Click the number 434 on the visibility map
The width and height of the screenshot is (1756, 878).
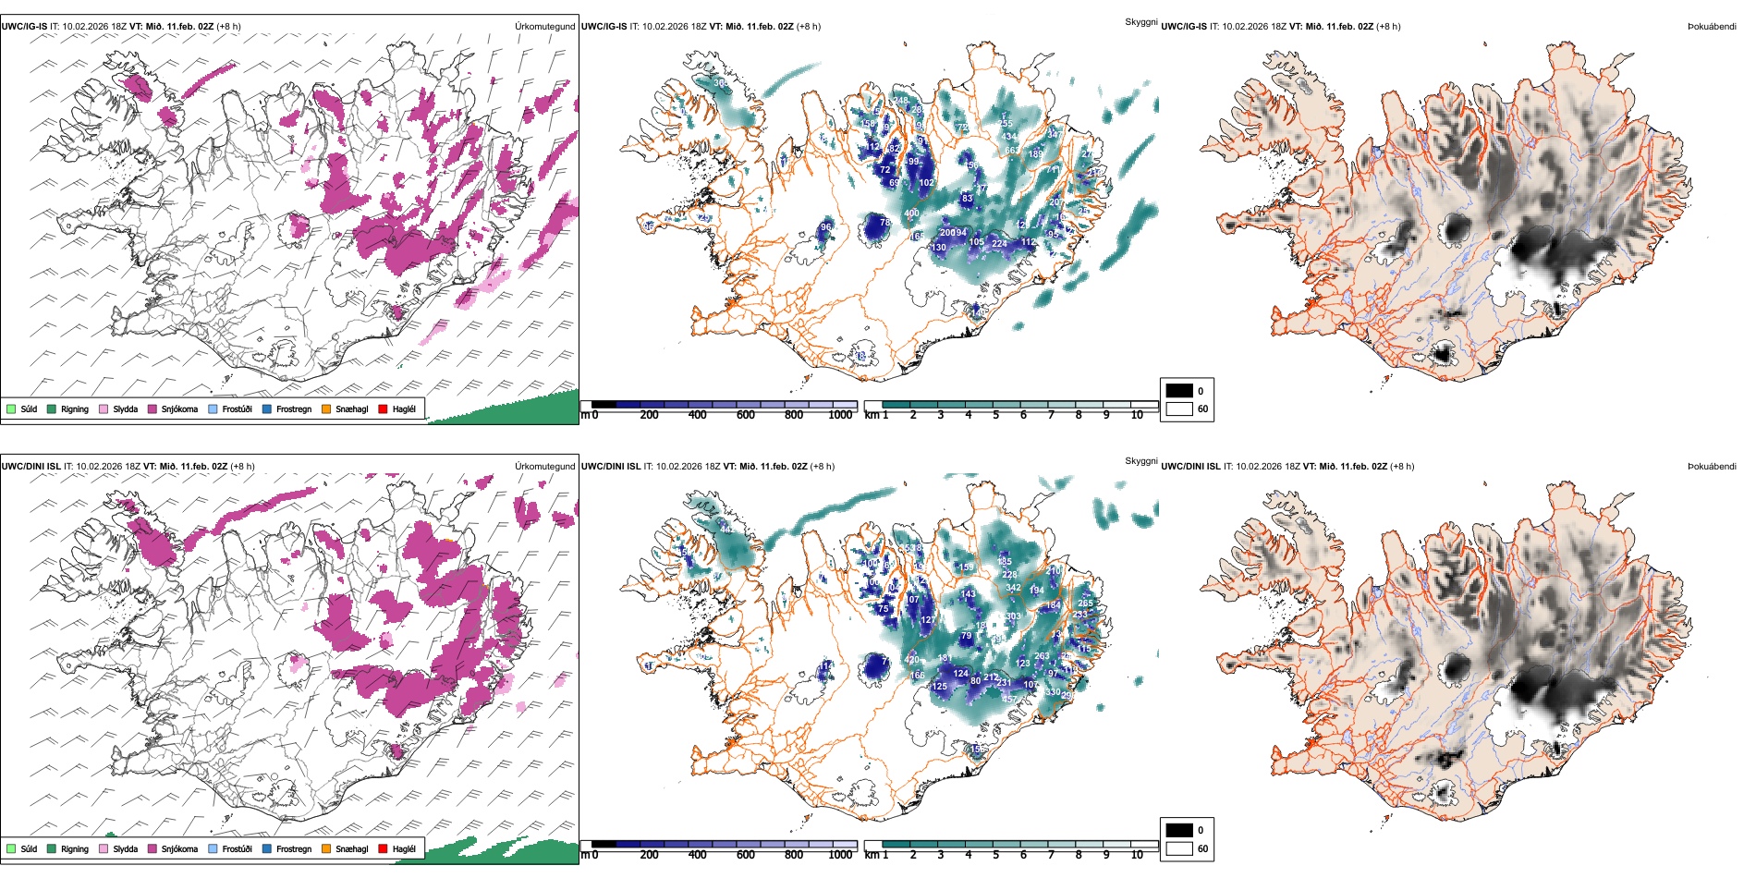(1009, 137)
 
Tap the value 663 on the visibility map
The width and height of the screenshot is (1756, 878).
(1012, 151)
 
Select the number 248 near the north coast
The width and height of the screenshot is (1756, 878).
(900, 101)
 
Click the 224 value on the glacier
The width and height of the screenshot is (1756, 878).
(999, 244)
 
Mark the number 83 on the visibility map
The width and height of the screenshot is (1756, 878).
(967, 199)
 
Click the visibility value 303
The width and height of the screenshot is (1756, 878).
(1013, 616)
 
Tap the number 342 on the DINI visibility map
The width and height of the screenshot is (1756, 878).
(1013, 588)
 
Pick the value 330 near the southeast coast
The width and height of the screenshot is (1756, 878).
(1053, 692)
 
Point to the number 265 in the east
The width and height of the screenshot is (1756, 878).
(1085, 603)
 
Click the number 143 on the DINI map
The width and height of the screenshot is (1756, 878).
(969, 594)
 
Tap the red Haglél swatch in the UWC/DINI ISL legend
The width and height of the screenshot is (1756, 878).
(383, 848)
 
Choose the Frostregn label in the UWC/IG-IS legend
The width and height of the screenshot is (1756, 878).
(294, 409)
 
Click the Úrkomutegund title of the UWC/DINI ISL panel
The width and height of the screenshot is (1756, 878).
(544, 466)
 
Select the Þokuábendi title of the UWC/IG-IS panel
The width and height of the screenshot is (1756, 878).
(1712, 27)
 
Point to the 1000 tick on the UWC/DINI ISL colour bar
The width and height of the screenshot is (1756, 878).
(840, 855)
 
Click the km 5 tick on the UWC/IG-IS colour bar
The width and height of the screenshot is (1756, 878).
(995, 415)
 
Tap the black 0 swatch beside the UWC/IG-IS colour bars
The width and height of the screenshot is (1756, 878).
(1179, 391)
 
